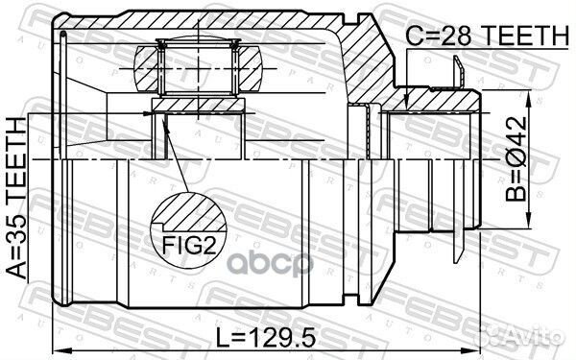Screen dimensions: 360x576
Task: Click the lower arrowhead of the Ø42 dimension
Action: (526, 227)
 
